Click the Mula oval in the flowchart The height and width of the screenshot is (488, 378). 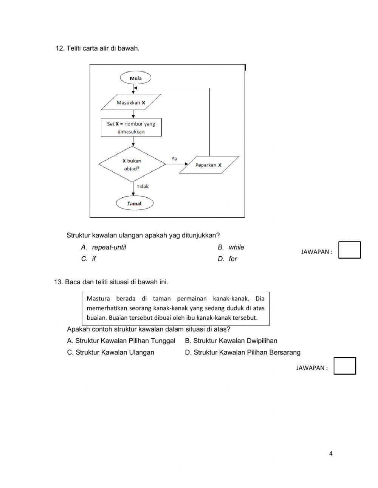click(x=135, y=78)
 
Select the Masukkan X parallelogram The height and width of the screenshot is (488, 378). click(x=131, y=102)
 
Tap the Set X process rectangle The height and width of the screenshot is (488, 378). click(x=131, y=128)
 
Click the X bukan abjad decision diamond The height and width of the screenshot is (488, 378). click(x=132, y=164)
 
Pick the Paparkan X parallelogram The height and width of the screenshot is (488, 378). click(x=209, y=165)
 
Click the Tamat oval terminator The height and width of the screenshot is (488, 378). click(x=135, y=203)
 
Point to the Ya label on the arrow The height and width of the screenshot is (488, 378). click(x=174, y=159)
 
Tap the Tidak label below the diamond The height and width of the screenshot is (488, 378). click(x=143, y=186)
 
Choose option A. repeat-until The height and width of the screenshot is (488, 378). click(x=104, y=247)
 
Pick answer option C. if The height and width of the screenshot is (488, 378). click(x=89, y=259)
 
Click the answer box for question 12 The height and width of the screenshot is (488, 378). click(x=349, y=250)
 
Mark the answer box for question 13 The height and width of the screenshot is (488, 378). click(x=344, y=366)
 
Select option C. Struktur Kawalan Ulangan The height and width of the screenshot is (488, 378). click(x=111, y=352)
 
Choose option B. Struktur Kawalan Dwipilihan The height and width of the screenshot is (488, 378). click(x=231, y=341)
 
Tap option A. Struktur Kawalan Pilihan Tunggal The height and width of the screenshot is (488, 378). click(x=121, y=341)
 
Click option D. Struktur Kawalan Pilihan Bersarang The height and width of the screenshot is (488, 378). click(x=243, y=352)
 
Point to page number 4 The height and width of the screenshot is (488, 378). click(x=331, y=454)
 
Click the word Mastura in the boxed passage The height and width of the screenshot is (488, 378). click(x=98, y=299)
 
